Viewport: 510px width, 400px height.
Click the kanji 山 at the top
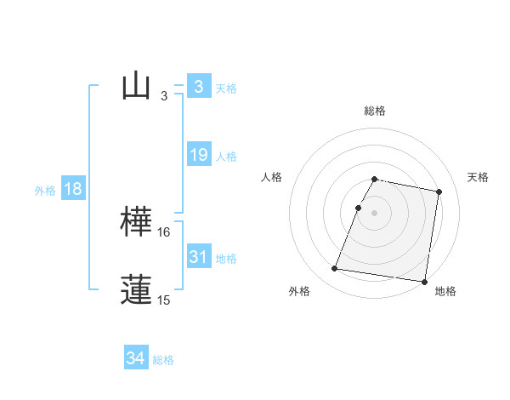pyautogui.click(x=136, y=86)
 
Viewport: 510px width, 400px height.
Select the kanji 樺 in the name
pyautogui.click(x=136, y=221)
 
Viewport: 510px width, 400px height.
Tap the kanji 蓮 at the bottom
pyautogui.click(x=136, y=289)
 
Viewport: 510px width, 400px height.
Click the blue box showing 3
pyautogui.click(x=198, y=86)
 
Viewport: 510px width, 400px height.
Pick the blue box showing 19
pyautogui.click(x=198, y=155)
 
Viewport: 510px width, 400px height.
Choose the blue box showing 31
pyautogui.click(x=198, y=257)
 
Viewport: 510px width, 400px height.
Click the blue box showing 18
pyautogui.click(x=73, y=189)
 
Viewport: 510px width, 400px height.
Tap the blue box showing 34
pyautogui.click(x=135, y=358)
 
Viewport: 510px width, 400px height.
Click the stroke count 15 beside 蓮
pyautogui.click(x=164, y=300)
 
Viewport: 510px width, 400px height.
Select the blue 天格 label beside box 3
pyautogui.click(x=226, y=88)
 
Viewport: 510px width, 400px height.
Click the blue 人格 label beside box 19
pyautogui.click(x=226, y=157)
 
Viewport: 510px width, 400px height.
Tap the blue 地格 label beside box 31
pyautogui.click(x=226, y=259)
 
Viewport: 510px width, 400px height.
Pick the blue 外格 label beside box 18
pyautogui.click(x=45, y=191)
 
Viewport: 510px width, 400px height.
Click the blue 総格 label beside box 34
pyautogui.click(x=163, y=360)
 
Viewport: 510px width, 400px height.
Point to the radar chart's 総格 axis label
pyautogui.click(x=374, y=111)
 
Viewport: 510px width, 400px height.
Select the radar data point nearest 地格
pyautogui.click(x=424, y=282)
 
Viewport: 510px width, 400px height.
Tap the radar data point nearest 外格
pyautogui.click(x=335, y=269)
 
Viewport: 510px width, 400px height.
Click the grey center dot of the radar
pyautogui.click(x=374, y=213)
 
